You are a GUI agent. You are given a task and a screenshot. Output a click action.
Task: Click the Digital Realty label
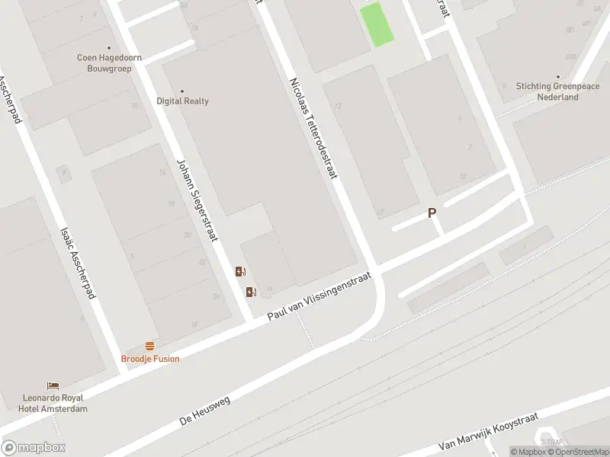(182, 101)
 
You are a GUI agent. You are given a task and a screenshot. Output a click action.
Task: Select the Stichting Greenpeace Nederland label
(557, 91)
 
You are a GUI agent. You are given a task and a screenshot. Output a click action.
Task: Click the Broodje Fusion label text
(150, 359)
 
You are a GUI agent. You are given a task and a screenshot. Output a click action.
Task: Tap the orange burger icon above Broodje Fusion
(149, 346)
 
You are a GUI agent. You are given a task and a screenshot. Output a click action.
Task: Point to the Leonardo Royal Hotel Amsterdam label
(55, 404)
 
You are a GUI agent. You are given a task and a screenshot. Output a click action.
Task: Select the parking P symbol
(432, 214)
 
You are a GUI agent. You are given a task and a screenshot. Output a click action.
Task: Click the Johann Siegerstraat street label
(197, 200)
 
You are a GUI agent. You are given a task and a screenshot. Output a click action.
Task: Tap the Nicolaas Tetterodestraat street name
(313, 128)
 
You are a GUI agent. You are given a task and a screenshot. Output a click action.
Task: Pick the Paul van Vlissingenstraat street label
(319, 296)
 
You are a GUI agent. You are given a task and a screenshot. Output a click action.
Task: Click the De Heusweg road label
(205, 409)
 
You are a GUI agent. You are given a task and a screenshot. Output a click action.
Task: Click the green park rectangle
(376, 24)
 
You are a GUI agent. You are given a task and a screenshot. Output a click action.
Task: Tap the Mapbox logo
(34, 448)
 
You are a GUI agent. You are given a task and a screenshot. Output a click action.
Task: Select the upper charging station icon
(240, 271)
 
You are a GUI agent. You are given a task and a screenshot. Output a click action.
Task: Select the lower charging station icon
(251, 292)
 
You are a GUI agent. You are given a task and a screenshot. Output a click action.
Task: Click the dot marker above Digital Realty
(182, 91)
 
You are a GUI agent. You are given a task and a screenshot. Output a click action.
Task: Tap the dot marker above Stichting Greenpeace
(557, 77)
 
